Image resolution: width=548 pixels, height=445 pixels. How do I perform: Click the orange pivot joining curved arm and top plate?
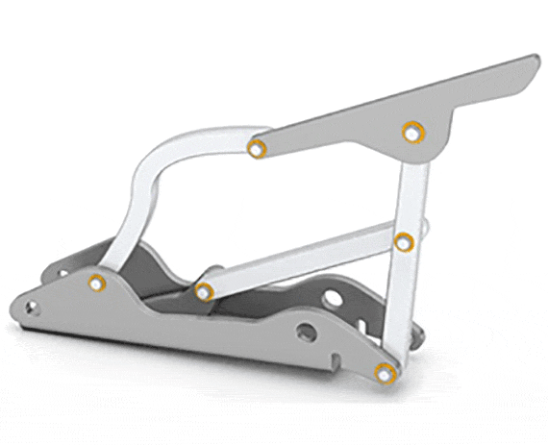257,148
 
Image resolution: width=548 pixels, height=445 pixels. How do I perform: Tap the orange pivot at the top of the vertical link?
412,133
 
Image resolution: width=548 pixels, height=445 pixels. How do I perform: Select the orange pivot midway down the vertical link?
405,241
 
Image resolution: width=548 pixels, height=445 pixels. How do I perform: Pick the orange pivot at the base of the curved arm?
96,283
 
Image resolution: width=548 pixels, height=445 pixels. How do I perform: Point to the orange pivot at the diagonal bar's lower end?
204,290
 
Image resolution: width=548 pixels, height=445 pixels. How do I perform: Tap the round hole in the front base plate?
306,333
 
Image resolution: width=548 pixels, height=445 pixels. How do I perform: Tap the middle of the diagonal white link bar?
303,264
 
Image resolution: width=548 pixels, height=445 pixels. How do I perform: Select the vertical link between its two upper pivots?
410,187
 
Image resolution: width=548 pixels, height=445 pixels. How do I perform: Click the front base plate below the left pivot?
96,312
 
